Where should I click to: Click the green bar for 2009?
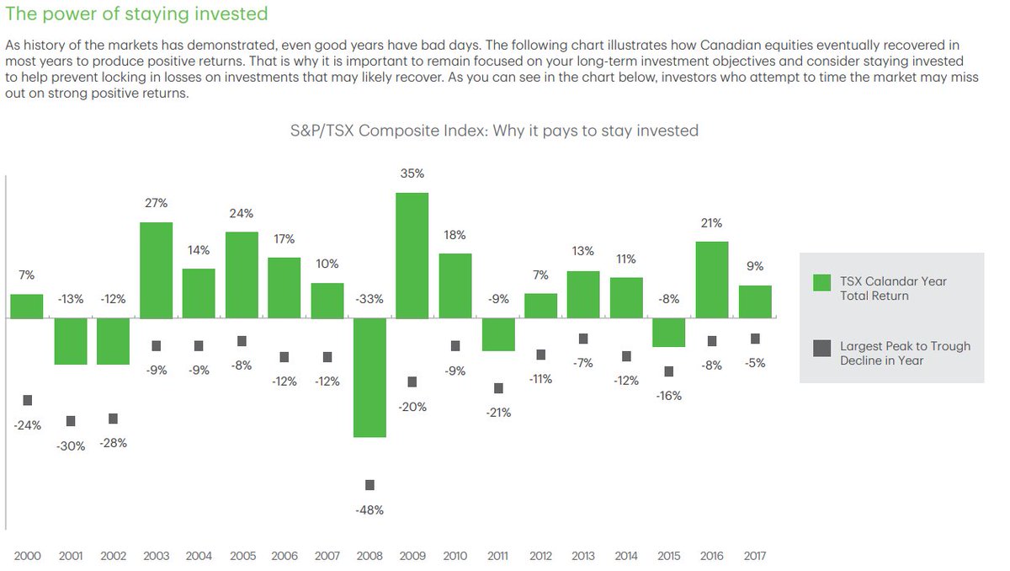[x=412, y=256]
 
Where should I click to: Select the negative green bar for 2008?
[x=369, y=377]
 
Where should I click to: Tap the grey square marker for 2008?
[x=369, y=485]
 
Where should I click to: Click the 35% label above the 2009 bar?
[x=412, y=173]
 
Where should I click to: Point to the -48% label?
[x=369, y=510]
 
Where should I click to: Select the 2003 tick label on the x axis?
[x=157, y=556]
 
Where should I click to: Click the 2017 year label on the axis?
[x=754, y=556]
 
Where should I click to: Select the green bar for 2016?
[x=712, y=280]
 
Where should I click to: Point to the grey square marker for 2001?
[x=71, y=421]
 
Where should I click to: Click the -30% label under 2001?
[x=71, y=446]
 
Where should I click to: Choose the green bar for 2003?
[x=157, y=270]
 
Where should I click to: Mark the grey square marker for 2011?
[x=498, y=388]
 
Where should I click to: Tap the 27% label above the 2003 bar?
[x=157, y=203]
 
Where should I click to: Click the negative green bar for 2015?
[x=669, y=333]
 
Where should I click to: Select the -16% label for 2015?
[x=669, y=396]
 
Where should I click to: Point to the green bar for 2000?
[x=27, y=307]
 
